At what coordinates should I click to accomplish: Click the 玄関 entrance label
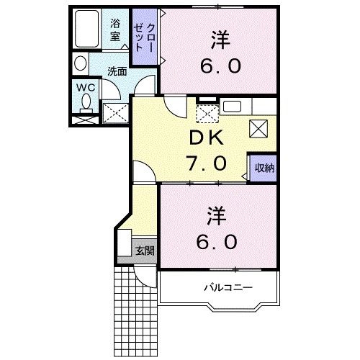click(144, 251)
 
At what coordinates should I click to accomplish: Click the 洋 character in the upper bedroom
click(220, 38)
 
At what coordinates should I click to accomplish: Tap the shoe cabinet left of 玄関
click(124, 246)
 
